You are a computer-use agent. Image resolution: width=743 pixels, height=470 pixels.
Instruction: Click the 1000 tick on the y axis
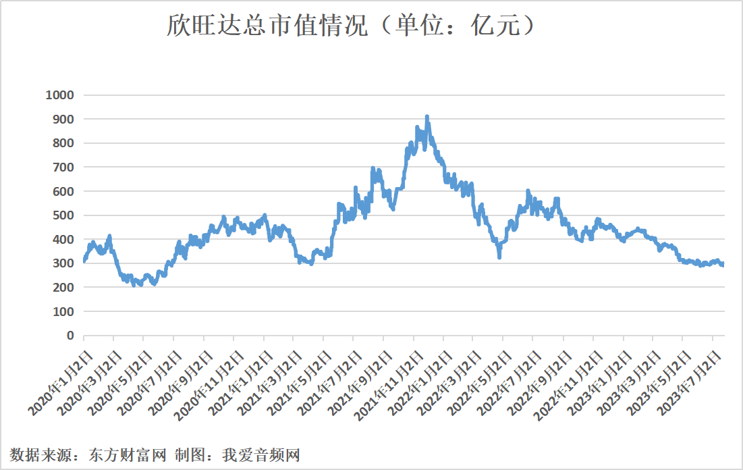(59, 95)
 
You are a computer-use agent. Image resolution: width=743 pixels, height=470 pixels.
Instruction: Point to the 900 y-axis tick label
(61, 119)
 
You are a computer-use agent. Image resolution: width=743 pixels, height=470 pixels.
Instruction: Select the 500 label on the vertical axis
(61, 215)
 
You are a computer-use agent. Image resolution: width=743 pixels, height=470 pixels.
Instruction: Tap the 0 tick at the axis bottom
(70, 336)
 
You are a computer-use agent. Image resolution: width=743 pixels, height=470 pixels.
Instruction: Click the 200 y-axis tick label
(61, 288)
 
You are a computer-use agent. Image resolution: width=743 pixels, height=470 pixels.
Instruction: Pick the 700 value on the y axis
(61, 167)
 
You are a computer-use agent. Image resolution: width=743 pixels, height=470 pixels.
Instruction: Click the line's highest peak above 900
(427, 117)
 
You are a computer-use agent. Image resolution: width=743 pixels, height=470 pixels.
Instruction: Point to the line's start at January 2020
(84, 260)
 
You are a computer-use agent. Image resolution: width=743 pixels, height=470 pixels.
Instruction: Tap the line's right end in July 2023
(723, 265)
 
